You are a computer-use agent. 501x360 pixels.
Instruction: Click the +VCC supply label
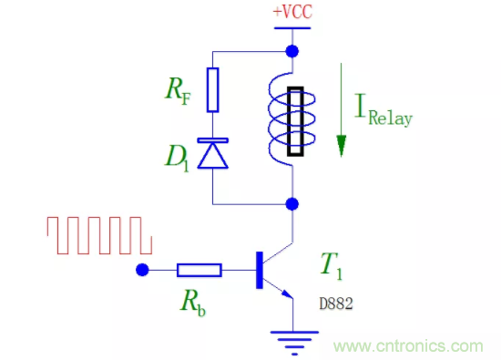(x=292, y=13)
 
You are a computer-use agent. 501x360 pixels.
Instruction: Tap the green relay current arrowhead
(x=343, y=145)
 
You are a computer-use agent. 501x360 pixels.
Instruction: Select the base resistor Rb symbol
(x=198, y=270)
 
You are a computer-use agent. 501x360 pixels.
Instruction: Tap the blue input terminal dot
(x=141, y=270)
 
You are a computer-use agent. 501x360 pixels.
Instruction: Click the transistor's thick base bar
(x=260, y=270)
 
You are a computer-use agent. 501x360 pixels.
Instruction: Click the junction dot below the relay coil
(x=292, y=202)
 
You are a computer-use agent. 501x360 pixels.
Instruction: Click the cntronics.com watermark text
(x=410, y=345)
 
